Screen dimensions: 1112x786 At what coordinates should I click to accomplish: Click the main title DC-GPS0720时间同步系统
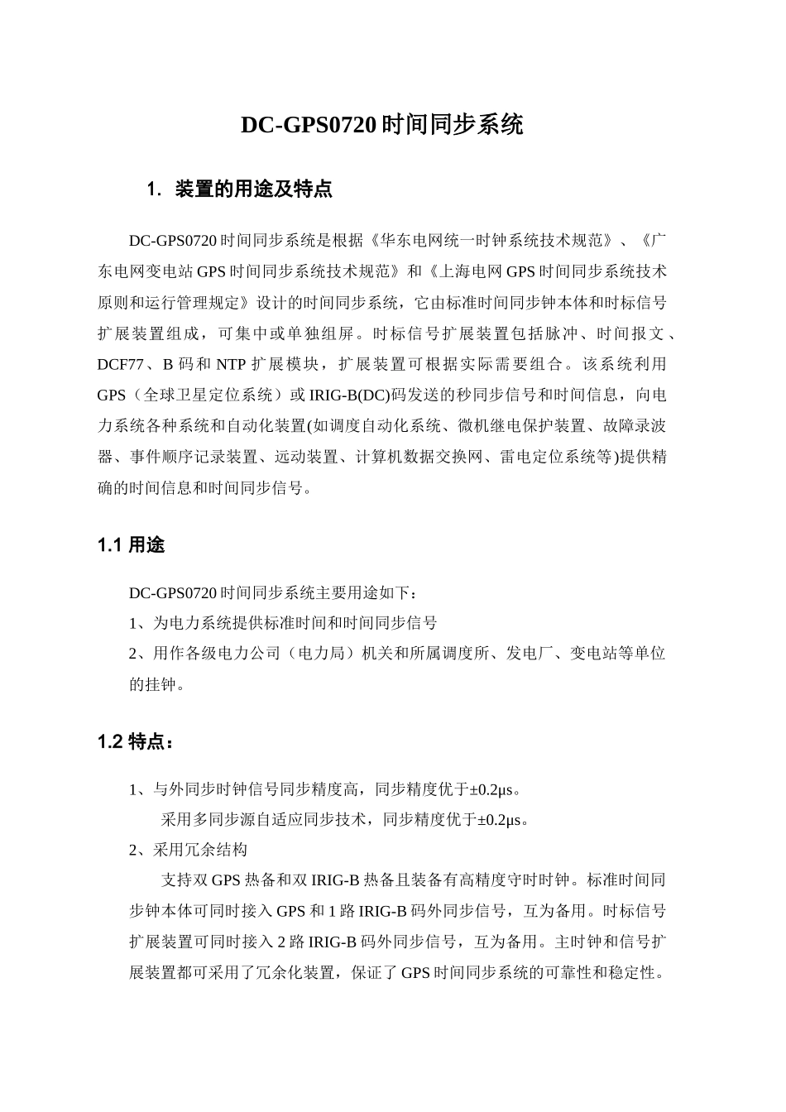pyautogui.click(x=382, y=125)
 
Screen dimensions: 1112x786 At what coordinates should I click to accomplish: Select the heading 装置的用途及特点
pyautogui.click(x=253, y=189)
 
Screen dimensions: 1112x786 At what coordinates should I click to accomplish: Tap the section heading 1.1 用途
pyautogui.click(x=131, y=545)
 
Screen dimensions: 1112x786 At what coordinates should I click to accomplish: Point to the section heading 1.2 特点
pyautogui.click(x=135, y=742)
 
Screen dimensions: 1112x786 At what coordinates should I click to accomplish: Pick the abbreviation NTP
pyautogui.click(x=230, y=364)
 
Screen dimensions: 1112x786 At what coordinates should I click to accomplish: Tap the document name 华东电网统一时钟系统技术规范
pyautogui.click(x=493, y=242)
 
